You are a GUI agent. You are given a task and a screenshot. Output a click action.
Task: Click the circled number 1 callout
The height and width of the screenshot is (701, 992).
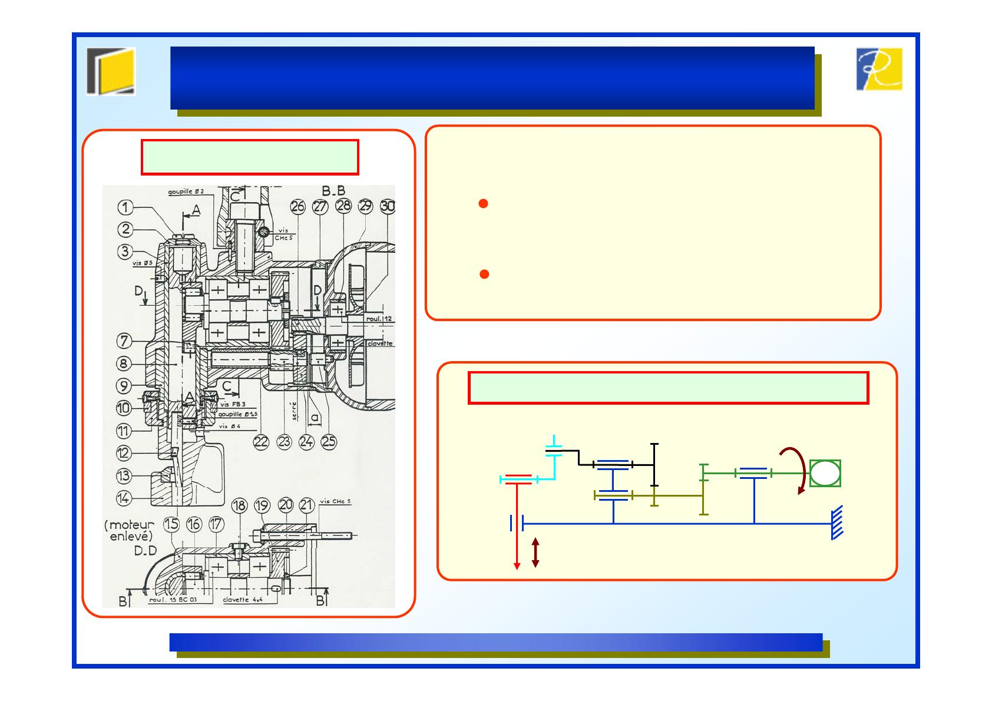click(125, 207)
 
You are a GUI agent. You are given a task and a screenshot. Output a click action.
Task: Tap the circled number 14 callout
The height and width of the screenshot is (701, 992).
click(123, 498)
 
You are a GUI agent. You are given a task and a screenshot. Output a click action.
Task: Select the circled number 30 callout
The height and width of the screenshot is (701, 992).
click(388, 207)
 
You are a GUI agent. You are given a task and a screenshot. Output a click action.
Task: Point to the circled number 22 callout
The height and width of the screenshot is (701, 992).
click(262, 442)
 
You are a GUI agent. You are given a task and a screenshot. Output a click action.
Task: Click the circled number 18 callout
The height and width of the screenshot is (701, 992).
click(239, 505)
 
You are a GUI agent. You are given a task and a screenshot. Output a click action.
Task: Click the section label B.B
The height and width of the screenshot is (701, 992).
click(333, 191)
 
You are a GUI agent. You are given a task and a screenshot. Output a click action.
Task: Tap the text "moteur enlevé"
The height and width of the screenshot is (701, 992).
click(130, 530)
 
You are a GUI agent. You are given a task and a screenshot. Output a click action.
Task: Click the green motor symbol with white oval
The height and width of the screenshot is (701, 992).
click(825, 473)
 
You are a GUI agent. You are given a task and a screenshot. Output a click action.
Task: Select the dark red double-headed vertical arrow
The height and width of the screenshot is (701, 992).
click(535, 553)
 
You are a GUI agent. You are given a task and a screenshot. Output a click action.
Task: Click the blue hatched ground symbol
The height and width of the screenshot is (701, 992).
click(837, 523)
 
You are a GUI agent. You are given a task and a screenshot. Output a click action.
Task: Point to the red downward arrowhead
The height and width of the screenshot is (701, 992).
click(517, 566)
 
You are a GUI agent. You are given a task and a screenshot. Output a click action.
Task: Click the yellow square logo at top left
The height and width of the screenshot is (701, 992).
click(111, 71)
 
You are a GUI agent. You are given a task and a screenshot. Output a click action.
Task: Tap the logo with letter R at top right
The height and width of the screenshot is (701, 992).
click(878, 70)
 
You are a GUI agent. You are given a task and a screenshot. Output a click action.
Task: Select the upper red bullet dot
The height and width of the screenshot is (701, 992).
click(483, 204)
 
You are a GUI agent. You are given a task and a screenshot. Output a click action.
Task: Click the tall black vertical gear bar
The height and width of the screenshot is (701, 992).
click(654, 465)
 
